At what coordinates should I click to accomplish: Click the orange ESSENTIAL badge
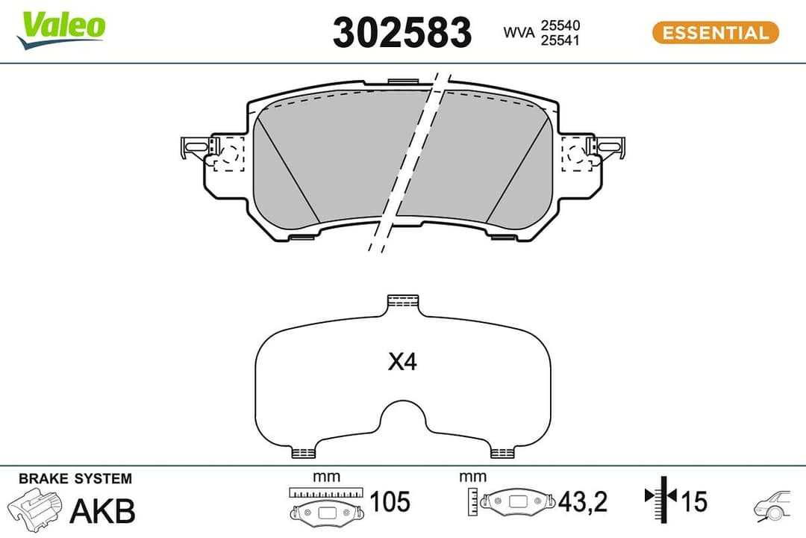[x=715, y=33]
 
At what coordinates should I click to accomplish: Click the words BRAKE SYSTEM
[x=75, y=479]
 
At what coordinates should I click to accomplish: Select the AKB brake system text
[x=102, y=510]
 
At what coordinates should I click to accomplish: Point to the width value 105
[x=390, y=502]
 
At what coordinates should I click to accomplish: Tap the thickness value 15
[x=693, y=501]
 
